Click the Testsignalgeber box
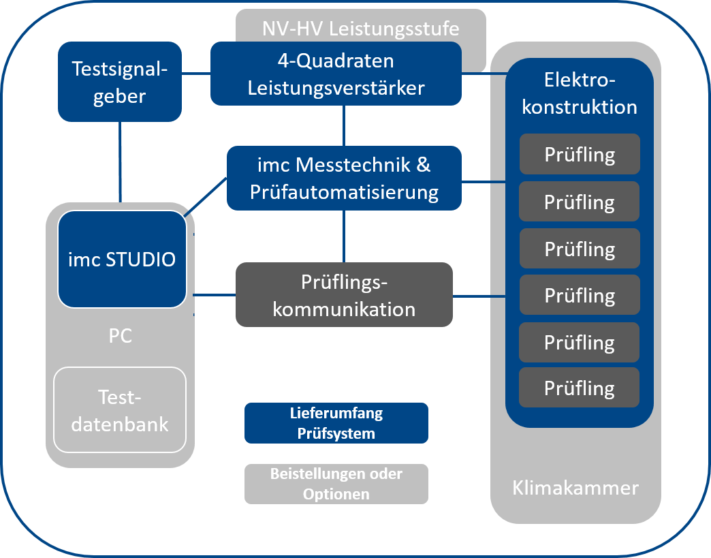click(x=120, y=81)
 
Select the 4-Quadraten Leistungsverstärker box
click(x=336, y=74)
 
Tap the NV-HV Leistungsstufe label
click(x=360, y=29)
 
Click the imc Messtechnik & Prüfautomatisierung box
click(x=344, y=178)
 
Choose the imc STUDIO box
click(x=122, y=259)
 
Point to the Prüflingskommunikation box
click(x=344, y=295)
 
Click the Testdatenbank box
click(x=120, y=410)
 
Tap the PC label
click(x=120, y=337)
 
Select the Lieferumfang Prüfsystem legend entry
click(x=336, y=423)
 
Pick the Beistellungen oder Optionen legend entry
click(x=336, y=484)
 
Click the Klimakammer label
click(x=575, y=488)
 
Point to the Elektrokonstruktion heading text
click(x=580, y=93)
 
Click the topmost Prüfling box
click(x=580, y=154)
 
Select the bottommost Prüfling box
click(x=580, y=388)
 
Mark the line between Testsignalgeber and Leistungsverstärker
click(x=196, y=72)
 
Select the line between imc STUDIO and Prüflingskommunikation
click(x=215, y=295)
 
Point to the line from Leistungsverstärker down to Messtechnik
click(x=344, y=126)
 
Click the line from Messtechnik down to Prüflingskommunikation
click(x=344, y=236)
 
